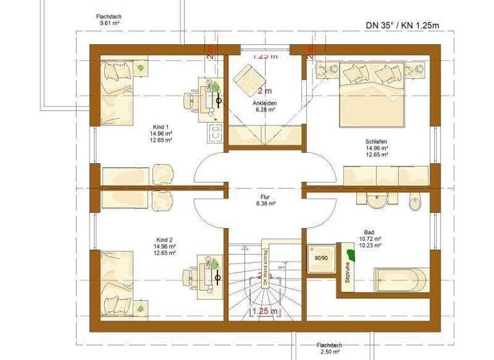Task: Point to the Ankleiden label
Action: coord(264,103)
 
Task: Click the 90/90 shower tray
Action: coord(321,258)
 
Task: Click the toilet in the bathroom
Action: coord(416,202)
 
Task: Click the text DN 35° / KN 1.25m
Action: coord(401,26)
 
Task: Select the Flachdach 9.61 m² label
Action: coord(109,19)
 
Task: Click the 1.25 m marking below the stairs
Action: coord(264,312)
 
